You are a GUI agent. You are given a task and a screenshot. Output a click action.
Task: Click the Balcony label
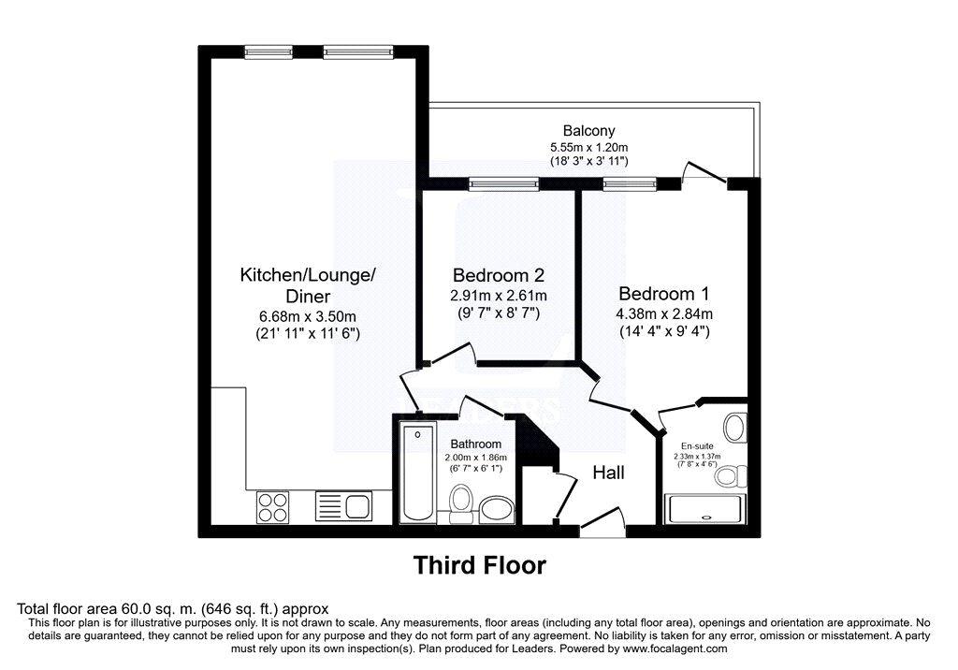pos(588,130)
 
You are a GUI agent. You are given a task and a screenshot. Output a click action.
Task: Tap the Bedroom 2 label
pos(498,275)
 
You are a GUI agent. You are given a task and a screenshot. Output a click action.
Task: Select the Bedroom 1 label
pos(663,294)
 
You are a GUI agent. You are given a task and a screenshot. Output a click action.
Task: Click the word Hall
pos(608,473)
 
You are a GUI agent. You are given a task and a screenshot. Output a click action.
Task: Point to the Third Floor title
pos(480,565)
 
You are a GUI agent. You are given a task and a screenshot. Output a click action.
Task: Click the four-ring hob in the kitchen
pos(272,507)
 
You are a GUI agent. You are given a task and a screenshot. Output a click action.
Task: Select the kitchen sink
pos(343,506)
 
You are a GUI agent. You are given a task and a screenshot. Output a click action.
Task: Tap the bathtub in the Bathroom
pos(418,473)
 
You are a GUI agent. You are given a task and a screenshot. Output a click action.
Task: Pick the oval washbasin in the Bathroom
pos(496,509)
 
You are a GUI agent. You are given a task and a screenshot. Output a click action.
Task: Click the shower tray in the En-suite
pos(705,509)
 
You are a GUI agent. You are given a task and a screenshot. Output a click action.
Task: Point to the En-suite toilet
pos(732,475)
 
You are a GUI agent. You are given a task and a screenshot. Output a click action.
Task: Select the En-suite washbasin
pos(735,428)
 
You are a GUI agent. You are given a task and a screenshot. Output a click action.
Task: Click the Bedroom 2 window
pos(504,183)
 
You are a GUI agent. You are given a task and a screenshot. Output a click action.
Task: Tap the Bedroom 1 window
pos(630,183)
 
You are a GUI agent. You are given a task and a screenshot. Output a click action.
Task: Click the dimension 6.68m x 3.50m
pos(308,316)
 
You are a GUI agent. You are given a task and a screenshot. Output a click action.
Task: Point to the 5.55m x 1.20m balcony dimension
pos(589,147)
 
